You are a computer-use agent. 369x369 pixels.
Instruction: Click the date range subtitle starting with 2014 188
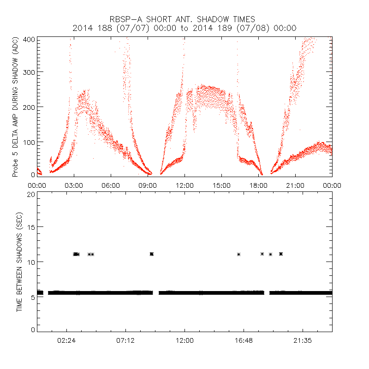(x=184, y=28)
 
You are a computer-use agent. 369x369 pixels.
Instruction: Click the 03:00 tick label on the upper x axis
(x=74, y=185)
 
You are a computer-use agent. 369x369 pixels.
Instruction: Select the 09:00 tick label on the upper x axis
(x=148, y=185)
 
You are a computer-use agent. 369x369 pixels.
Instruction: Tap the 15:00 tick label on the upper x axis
(x=221, y=185)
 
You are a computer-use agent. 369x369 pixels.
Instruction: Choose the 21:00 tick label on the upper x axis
(x=295, y=185)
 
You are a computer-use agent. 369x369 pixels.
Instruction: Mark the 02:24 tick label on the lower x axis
(x=66, y=340)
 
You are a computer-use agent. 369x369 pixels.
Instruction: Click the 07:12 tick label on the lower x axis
(x=125, y=340)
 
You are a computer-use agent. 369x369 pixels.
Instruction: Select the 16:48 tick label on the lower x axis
(x=244, y=340)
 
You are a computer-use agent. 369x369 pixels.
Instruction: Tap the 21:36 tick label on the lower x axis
(x=303, y=340)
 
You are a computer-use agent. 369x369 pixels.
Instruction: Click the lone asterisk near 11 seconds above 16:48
(x=238, y=254)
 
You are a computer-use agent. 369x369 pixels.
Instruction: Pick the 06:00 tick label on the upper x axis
(x=111, y=185)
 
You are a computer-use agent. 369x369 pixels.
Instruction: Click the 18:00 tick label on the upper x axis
(x=258, y=185)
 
